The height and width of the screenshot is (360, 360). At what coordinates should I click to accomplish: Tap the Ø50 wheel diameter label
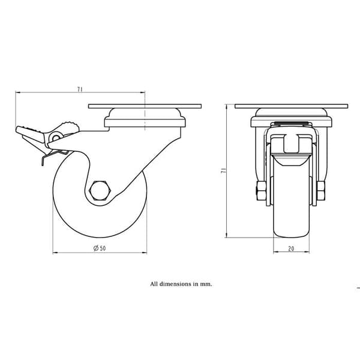(100, 248)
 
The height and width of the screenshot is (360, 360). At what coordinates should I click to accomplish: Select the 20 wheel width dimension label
(291, 248)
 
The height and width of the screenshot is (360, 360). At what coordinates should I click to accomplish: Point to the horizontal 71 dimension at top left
(80, 89)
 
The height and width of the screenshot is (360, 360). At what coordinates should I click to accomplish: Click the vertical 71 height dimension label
(223, 170)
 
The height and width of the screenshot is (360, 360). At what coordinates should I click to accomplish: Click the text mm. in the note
(206, 284)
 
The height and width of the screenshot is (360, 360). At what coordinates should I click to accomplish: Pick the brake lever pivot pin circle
(56, 137)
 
